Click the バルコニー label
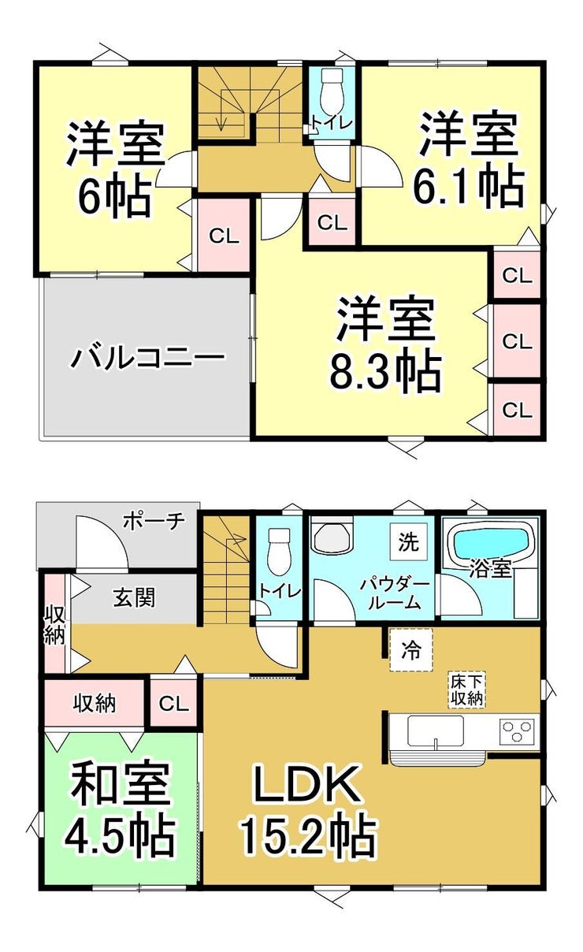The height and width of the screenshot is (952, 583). tap(147, 358)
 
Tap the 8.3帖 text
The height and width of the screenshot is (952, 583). tap(385, 370)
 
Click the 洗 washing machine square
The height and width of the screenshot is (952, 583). tap(408, 542)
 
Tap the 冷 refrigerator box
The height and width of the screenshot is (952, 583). tap(411, 650)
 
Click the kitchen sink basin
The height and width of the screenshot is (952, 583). tap(436, 731)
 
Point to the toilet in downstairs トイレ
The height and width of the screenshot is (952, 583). tap(279, 551)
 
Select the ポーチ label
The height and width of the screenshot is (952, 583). tap(154, 521)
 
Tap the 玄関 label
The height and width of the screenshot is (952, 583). tap(134, 597)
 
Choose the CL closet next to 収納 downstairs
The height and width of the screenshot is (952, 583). tap(173, 704)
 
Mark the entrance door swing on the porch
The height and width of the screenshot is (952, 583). tap(102, 542)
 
